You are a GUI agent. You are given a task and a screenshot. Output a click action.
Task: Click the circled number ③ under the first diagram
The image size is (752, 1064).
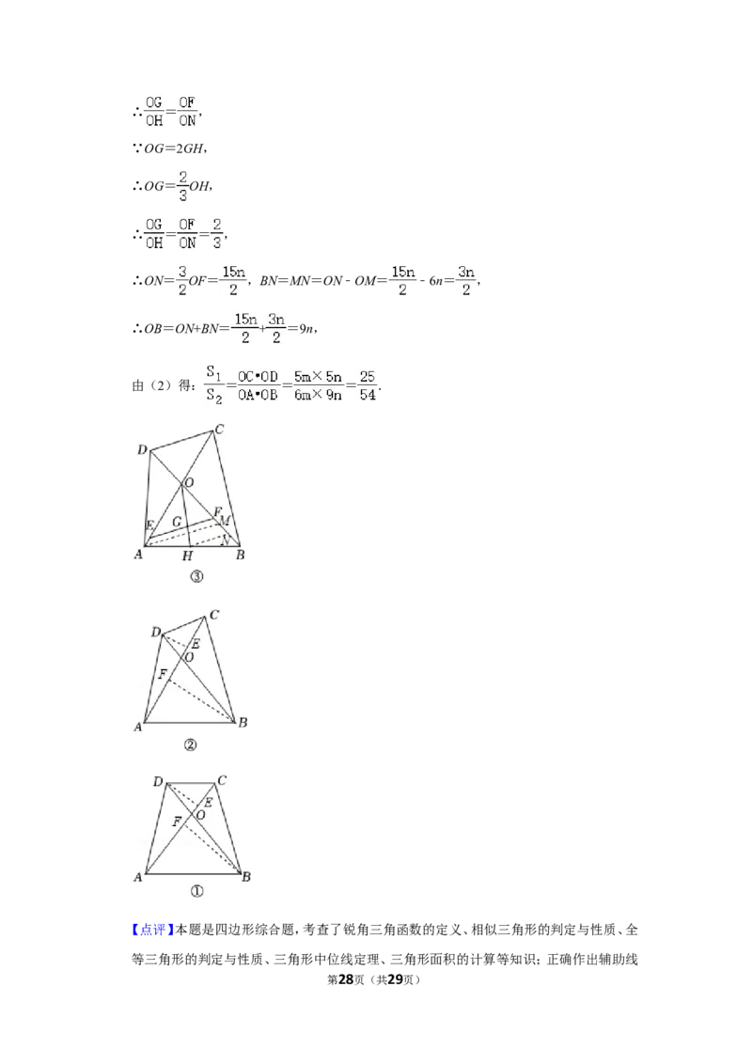[x=196, y=577]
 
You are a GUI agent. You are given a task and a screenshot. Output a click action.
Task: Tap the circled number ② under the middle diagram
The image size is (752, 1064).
[x=190, y=745]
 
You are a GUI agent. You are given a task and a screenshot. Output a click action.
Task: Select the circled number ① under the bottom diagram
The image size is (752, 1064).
[x=196, y=891]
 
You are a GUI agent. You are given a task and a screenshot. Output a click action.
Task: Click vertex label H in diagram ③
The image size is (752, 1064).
[x=187, y=556]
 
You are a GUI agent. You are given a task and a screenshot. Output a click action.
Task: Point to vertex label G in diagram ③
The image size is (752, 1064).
[x=177, y=522]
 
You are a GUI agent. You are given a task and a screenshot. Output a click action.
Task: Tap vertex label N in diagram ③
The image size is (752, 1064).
[x=225, y=540]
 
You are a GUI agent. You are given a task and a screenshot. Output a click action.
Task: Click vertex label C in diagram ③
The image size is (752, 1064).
[x=219, y=429]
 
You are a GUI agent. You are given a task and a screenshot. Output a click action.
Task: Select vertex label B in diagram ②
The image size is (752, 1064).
[x=243, y=722]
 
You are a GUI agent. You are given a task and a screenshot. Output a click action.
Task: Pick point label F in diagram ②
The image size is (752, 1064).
[x=163, y=674]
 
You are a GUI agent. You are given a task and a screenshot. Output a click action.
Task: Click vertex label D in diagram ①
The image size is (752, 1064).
[x=158, y=782]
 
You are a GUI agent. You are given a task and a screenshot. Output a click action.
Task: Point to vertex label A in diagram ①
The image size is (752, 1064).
[x=138, y=877]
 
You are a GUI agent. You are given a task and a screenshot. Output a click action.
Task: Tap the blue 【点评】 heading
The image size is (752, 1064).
[x=152, y=930]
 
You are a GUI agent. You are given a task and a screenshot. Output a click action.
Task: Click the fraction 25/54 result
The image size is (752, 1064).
[x=368, y=385]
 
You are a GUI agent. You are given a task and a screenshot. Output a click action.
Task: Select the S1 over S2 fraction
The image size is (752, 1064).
[x=214, y=384]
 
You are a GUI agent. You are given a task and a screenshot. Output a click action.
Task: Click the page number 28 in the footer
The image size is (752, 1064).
[x=346, y=979]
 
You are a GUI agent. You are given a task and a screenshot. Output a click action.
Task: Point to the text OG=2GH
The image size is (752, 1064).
[x=173, y=148]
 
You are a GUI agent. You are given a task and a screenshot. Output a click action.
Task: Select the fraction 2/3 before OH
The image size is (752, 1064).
[x=182, y=185]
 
